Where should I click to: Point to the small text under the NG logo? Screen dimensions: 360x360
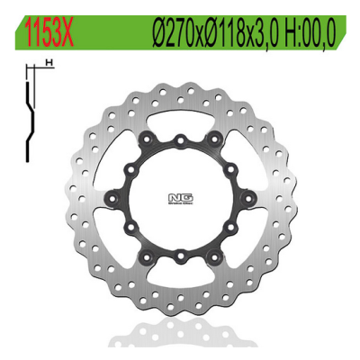(x=180, y=203)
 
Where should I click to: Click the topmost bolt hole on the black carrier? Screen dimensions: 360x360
(x=181, y=140)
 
